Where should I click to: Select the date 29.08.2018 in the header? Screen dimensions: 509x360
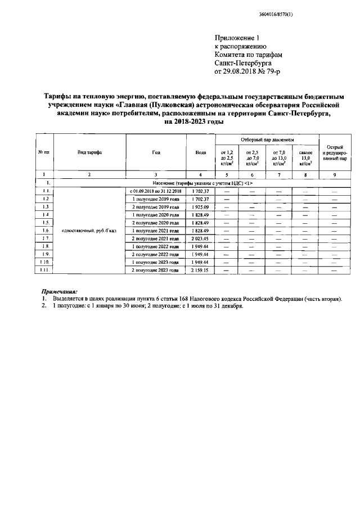(245, 72)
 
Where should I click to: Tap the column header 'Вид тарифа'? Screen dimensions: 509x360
(89, 152)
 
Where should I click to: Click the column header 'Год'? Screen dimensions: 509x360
(156, 152)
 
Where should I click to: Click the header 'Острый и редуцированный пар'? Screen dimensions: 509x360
(335, 152)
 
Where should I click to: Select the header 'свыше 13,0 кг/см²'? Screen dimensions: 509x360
(305, 157)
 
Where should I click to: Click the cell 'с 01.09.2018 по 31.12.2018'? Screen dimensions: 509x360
(156, 191)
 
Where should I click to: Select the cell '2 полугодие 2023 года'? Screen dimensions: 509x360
(156, 270)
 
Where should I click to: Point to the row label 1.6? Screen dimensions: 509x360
(45, 231)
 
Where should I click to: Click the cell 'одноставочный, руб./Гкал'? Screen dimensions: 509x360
(89, 231)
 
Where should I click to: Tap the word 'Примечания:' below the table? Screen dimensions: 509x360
(60, 292)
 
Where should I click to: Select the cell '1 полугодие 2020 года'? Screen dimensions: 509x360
(156, 215)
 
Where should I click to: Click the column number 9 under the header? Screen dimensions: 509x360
(335, 175)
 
